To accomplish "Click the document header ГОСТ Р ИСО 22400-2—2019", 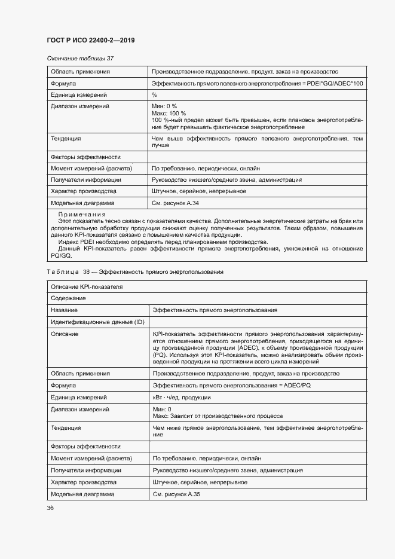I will (x=90, y=40).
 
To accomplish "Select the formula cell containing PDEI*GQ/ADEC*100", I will (x=257, y=83).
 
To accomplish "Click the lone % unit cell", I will (x=154, y=94).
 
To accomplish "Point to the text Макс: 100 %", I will (x=169, y=113).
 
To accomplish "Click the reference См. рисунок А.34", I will (x=176, y=203).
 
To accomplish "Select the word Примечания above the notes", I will (x=82, y=214).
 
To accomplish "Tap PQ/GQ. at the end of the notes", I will (x=62, y=255).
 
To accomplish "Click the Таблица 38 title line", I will (x=135, y=272).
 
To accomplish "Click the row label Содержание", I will (x=69, y=298).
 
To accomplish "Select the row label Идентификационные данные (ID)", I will (x=97, y=322).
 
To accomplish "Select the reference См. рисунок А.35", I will (x=176, y=494).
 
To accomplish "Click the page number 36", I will (x=50, y=508).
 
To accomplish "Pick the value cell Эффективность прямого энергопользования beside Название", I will (x=215, y=310).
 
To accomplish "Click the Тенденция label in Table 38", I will (x=66, y=428).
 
